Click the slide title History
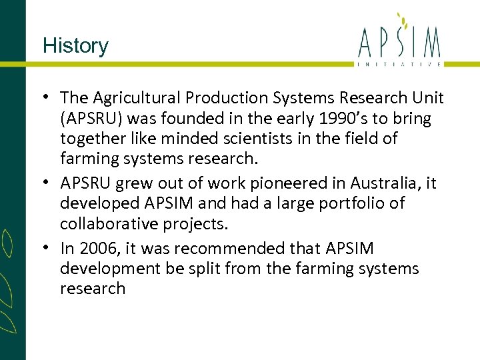click(x=75, y=46)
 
